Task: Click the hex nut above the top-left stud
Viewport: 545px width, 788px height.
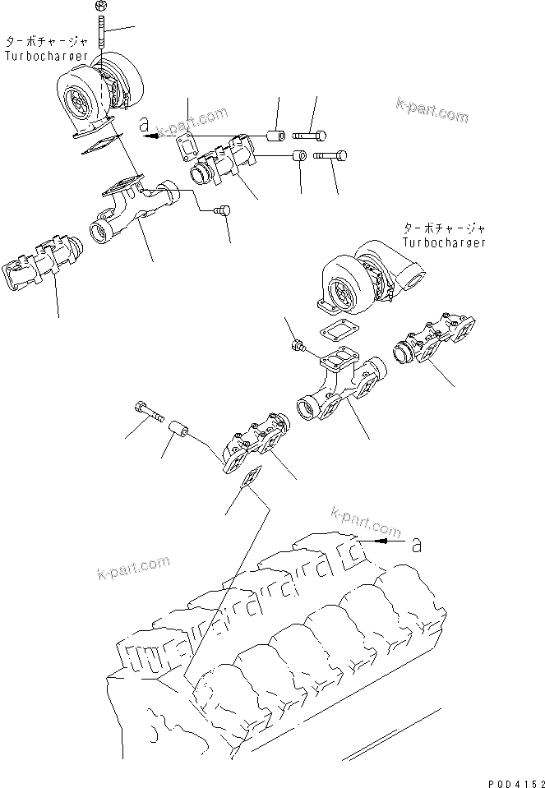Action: click(100, 7)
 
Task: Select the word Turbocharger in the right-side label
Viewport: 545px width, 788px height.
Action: click(444, 242)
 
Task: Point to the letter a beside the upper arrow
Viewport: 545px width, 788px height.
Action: click(144, 126)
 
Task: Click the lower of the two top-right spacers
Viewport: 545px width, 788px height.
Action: click(300, 156)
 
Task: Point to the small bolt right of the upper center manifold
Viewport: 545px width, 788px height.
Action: click(220, 212)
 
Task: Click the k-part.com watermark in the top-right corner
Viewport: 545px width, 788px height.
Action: click(432, 110)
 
